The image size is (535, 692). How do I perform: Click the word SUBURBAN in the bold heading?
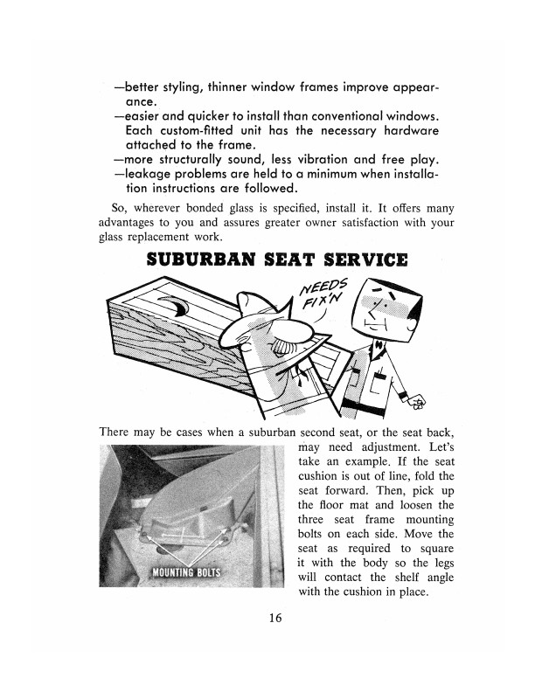(x=197, y=259)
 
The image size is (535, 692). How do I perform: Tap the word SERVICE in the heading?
(x=364, y=259)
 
